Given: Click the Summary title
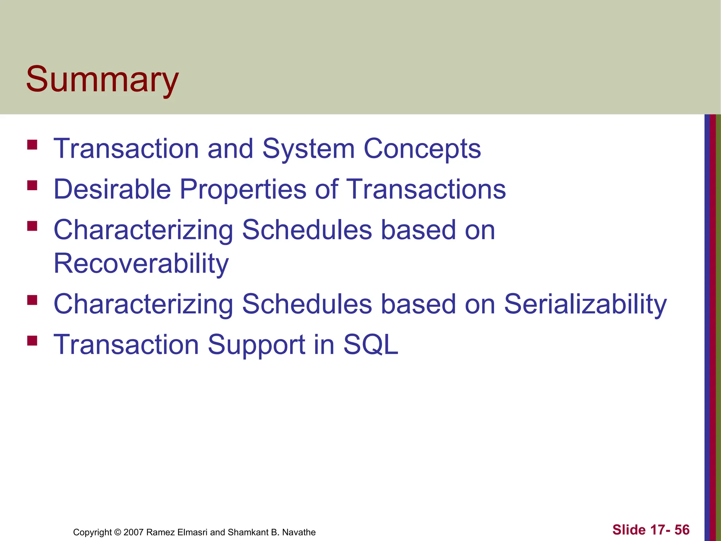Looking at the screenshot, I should click(x=102, y=80).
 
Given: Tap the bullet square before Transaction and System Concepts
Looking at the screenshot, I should click(x=32, y=145).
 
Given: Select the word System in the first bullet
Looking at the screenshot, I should click(x=308, y=149).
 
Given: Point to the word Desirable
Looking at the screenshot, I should click(x=112, y=189).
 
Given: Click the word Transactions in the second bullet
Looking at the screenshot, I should click(x=426, y=189).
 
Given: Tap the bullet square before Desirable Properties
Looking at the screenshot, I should click(x=32, y=185).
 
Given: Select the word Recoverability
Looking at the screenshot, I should click(x=141, y=263).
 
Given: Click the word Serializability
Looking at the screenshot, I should click(x=585, y=304).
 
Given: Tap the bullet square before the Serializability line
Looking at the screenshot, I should click(x=32, y=300).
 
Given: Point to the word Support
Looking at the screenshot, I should click(x=257, y=345).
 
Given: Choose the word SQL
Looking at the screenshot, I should click(x=370, y=344).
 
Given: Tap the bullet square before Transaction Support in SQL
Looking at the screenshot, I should click(x=32, y=341).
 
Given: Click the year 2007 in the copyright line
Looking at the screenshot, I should click(x=133, y=532).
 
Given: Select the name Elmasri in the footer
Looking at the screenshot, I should click(x=192, y=532).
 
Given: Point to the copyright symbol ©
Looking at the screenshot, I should click(x=118, y=532).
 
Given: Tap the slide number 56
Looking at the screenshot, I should click(x=682, y=530).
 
